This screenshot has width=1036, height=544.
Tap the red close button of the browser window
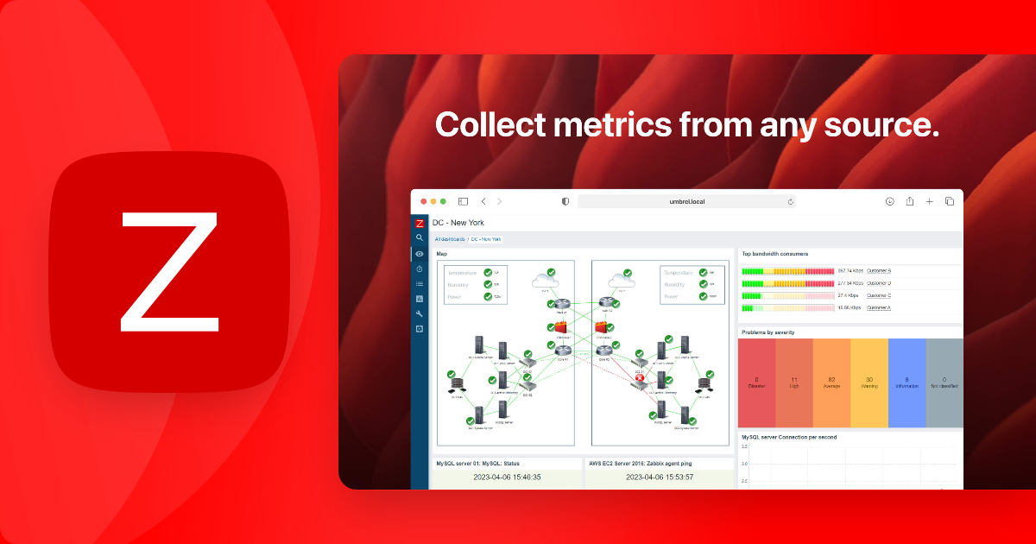click(x=424, y=201)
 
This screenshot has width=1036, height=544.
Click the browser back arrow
click(x=483, y=201)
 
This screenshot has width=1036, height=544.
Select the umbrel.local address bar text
click(x=687, y=201)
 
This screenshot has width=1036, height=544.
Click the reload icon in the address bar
click(x=790, y=201)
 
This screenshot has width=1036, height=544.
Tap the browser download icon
click(x=889, y=201)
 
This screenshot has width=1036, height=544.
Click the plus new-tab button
click(x=930, y=201)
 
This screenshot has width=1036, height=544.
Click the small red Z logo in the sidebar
click(x=420, y=223)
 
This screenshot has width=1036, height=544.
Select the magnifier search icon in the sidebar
click(x=420, y=237)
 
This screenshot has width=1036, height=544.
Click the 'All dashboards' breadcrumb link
click(x=450, y=239)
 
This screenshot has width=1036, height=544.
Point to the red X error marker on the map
click(x=640, y=378)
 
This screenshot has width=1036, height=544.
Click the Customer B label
click(x=879, y=271)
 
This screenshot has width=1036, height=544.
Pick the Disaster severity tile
click(x=756, y=383)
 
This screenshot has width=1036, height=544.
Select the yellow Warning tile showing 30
click(x=869, y=383)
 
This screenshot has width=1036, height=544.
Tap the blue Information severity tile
click(x=906, y=383)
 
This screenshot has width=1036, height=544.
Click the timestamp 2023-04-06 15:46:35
click(x=508, y=477)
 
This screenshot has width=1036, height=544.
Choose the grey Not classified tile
click(x=944, y=383)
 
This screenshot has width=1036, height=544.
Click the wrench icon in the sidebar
click(x=420, y=313)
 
